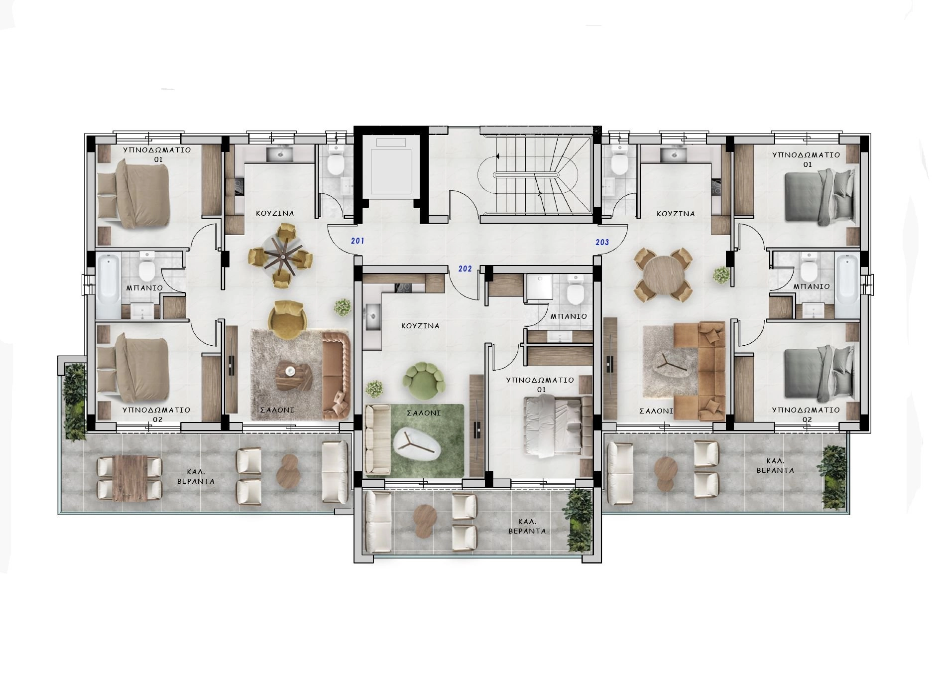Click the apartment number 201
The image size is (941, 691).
[x=357, y=241]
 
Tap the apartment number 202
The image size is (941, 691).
[x=465, y=269]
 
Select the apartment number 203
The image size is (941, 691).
[x=602, y=242]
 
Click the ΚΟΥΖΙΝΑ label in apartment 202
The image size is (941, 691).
[x=421, y=326]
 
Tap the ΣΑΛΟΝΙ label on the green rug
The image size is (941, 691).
[x=424, y=413]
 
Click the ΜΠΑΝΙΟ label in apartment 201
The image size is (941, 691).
[x=144, y=288]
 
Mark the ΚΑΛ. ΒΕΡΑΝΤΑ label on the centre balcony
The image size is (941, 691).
[x=527, y=526]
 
